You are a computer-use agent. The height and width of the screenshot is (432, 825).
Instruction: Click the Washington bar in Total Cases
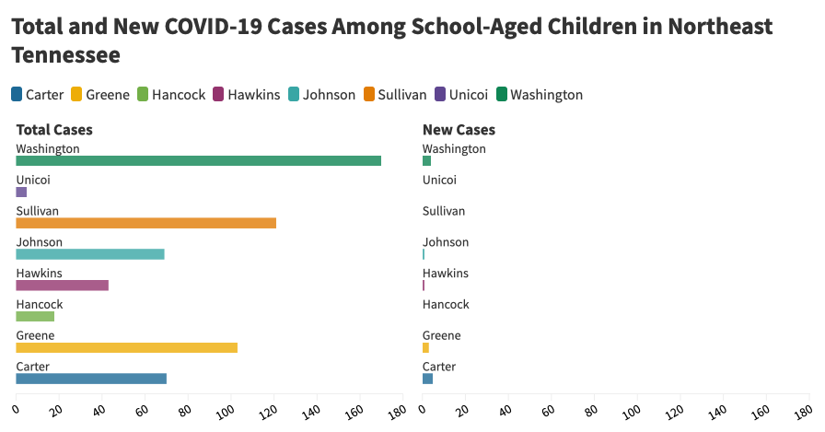pos(198,161)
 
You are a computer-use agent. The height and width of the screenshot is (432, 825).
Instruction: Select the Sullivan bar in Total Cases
pos(145,223)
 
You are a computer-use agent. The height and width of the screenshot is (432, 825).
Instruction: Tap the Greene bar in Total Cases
pos(126,347)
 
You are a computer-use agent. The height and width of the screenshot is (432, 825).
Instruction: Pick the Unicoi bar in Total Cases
pos(21,193)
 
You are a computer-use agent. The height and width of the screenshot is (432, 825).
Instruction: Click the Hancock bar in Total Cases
pos(35,316)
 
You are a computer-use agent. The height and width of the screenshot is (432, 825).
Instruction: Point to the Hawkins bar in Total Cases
pos(62,285)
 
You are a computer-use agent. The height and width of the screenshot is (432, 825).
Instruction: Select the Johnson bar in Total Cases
pos(90,254)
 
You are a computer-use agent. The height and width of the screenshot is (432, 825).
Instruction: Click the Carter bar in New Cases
pos(427,379)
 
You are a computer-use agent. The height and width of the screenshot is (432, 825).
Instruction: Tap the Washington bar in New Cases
pos(426,161)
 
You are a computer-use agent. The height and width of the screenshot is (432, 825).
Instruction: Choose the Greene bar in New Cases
pos(425,347)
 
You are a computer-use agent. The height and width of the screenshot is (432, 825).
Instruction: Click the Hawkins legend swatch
pos(218,94)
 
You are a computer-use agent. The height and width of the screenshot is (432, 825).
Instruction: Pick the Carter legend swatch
pos(17,94)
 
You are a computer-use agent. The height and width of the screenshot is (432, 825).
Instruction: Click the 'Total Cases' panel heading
pos(54,130)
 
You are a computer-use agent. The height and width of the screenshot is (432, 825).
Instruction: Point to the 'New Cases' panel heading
pos(459,130)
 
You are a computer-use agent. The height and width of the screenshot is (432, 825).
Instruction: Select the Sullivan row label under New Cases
pos(444,211)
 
